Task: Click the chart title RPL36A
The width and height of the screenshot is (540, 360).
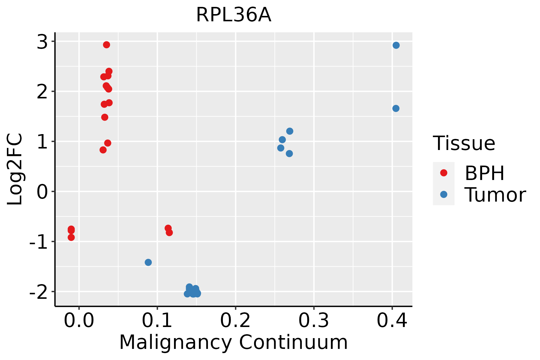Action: [x=233, y=15]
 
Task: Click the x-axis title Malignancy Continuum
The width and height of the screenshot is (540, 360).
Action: [x=233, y=342]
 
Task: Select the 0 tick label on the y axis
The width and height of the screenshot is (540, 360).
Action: [x=42, y=192]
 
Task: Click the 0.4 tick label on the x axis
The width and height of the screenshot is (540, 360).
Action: [x=392, y=321]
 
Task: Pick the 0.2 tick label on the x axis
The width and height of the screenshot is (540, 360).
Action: [x=235, y=321]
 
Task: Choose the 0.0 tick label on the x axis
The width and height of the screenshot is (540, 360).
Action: [x=79, y=321]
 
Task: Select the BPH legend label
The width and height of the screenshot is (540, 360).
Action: [x=484, y=173]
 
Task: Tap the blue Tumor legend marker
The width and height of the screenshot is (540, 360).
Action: [x=443, y=194]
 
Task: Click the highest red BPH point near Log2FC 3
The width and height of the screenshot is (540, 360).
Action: [x=106, y=45]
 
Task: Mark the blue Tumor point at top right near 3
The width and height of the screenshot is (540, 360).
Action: [x=396, y=45]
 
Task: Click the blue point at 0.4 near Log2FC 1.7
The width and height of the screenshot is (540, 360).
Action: [x=396, y=108]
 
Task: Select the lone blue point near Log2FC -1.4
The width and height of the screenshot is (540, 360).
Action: [x=148, y=262]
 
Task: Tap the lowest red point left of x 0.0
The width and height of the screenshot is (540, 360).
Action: [x=71, y=237]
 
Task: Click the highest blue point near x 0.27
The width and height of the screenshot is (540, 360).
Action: [x=289, y=131]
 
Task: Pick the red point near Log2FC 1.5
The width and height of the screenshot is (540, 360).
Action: [x=105, y=117]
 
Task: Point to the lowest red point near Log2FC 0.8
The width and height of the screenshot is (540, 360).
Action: [x=103, y=150]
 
